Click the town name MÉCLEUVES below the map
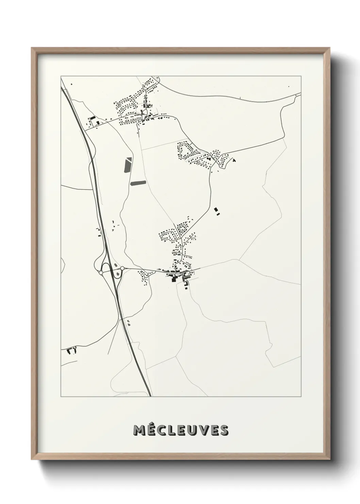(x=181, y=430)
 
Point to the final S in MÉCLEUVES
(x=224, y=431)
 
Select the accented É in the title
(x=151, y=430)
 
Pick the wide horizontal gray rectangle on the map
(x=137, y=183)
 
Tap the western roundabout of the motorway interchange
(x=101, y=273)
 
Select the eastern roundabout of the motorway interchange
(x=122, y=269)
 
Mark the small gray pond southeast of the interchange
(x=128, y=322)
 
